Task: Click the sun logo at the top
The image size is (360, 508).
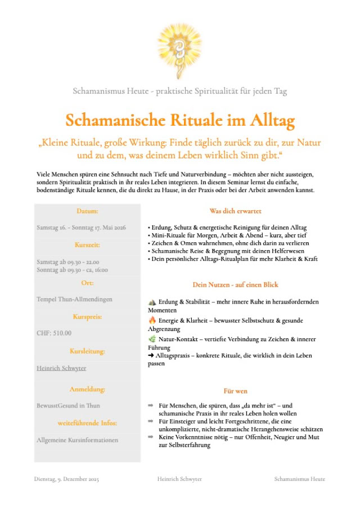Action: click(179, 47)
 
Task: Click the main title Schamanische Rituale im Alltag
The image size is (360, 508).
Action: click(180, 120)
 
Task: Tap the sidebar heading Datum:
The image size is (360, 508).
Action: click(87, 211)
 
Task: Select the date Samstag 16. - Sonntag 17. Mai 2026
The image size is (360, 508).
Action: click(81, 228)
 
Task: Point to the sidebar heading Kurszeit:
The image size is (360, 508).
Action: click(87, 245)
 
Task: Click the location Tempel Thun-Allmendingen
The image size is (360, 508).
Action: click(74, 299)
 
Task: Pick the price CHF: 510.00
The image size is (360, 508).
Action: click(54, 333)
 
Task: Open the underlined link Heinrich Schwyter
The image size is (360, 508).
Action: click(61, 368)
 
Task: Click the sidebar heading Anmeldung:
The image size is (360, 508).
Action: click(87, 389)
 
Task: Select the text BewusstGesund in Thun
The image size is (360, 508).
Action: click(68, 405)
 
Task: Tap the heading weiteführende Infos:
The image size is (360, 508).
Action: click(87, 423)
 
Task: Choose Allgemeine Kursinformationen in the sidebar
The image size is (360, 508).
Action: click(77, 440)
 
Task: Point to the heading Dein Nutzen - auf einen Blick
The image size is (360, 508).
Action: click(235, 285)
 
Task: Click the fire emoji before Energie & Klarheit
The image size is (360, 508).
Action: click(152, 320)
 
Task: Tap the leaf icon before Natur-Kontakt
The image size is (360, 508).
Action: click(152, 339)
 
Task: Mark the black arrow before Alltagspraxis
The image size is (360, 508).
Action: click(151, 356)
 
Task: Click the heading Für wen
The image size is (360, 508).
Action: click(235, 391)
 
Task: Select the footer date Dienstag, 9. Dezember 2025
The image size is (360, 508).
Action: click(66, 479)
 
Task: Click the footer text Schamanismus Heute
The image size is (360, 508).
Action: click(299, 479)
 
